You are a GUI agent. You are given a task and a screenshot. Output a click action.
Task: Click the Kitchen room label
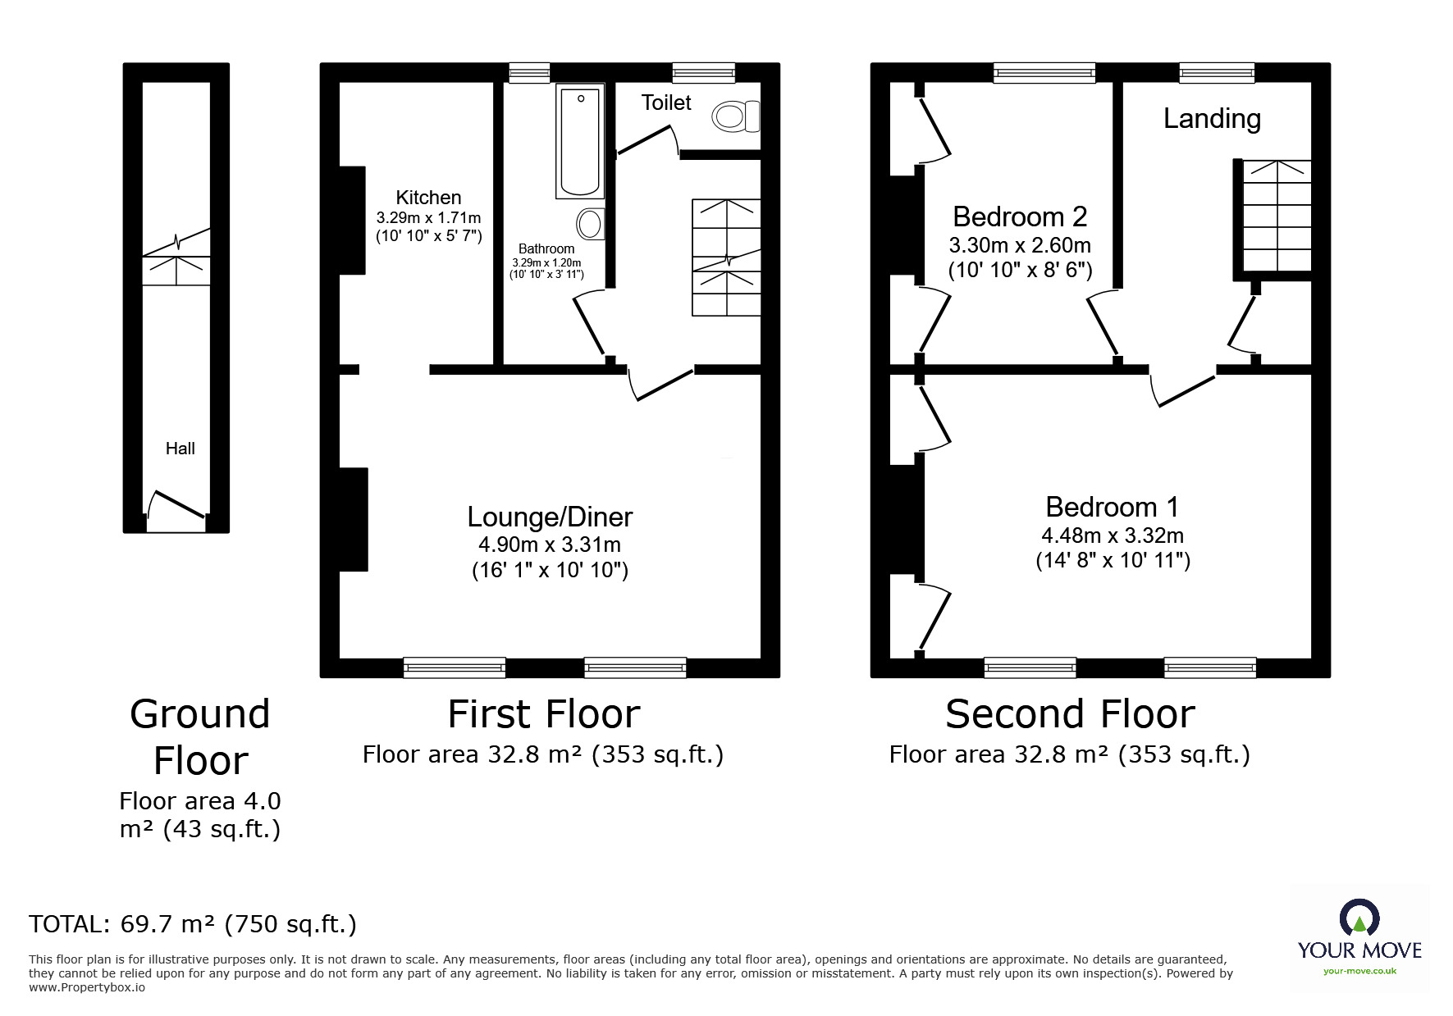click(428, 198)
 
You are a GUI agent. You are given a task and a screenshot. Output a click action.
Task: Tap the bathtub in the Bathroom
click(580, 140)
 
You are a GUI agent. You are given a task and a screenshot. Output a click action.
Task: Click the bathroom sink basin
click(591, 223)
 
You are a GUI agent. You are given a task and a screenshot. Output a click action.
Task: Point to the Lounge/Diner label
click(550, 517)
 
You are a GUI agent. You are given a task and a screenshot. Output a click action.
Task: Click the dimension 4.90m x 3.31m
click(550, 544)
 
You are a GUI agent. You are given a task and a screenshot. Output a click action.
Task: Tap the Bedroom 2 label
click(1020, 216)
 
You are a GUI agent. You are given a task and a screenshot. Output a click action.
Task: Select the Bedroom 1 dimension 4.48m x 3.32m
click(1113, 535)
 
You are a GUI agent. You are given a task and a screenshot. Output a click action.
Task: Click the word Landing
click(1212, 119)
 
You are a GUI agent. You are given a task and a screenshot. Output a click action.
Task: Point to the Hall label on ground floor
click(180, 449)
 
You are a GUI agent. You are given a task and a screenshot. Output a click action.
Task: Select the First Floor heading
click(544, 714)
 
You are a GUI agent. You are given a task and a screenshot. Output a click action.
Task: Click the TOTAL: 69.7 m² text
click(193, 924)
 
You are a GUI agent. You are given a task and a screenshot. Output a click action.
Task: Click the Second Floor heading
click(1070, 714)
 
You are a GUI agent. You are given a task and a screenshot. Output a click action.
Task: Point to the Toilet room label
click(666, 103)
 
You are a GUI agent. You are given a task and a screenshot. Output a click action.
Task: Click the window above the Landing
click(1217, 73)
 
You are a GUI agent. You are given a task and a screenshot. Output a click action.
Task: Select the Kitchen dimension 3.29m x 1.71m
click(428, 218)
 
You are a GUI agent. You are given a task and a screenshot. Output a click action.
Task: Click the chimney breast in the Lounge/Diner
click(354, 519)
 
